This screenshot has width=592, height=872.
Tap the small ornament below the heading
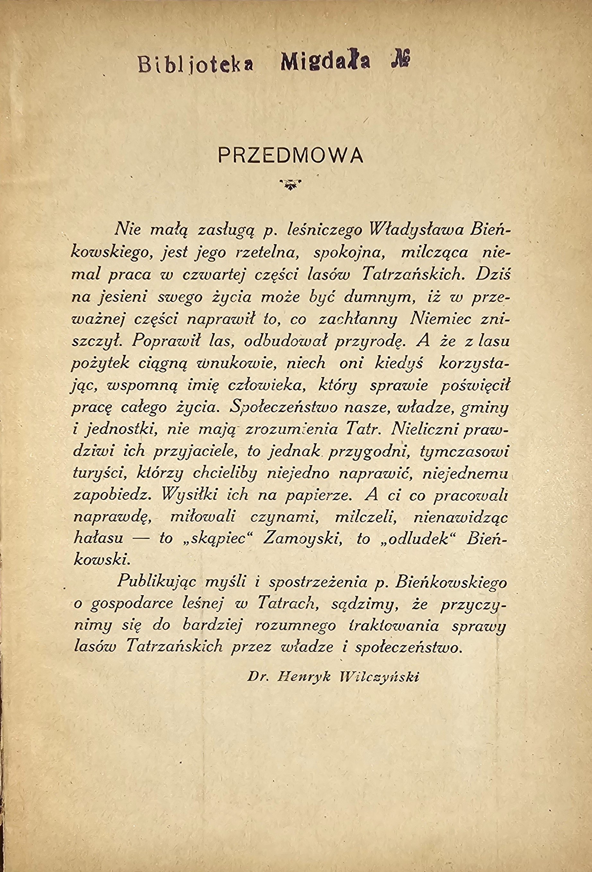click(290, 184)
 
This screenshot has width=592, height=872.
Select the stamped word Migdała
click(325, 61)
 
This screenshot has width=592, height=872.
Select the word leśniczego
click(324, 230)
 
